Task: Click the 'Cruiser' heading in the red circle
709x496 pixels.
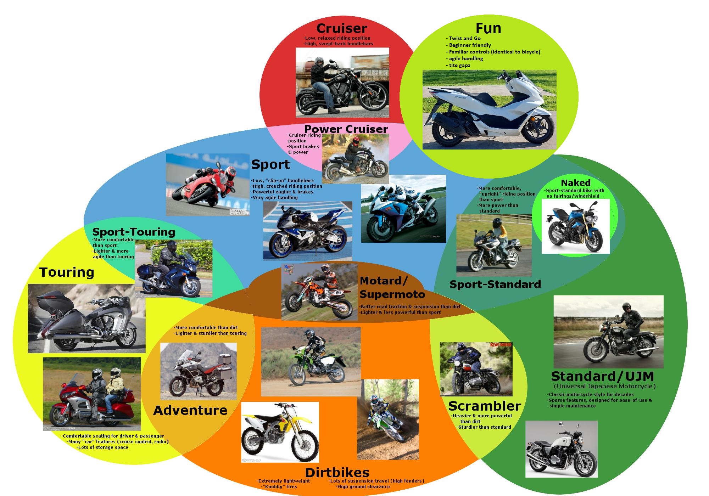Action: [342, 28]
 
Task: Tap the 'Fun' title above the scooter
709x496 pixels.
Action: [488, 28]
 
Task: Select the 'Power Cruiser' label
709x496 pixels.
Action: [346, 129]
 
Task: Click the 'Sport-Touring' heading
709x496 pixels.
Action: [134, 232]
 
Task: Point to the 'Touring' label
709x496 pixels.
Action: [67, 272]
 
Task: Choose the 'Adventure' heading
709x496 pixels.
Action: [190, 410]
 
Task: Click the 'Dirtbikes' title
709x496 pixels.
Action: [337, 473]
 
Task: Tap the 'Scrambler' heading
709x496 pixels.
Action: [484, 406]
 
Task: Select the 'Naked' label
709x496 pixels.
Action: [575, 183]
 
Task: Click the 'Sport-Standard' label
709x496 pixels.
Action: [495, 284]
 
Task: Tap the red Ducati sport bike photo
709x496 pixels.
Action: [207, 184]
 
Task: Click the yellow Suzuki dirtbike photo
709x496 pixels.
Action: [280, 432]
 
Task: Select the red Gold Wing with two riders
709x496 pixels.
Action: [92, 394]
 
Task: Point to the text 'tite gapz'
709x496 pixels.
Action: [459, 66]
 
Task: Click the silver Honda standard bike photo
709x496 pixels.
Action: [561, 449]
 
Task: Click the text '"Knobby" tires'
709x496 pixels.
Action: [279, 487]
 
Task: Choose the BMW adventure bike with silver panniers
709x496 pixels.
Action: [199, 371]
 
